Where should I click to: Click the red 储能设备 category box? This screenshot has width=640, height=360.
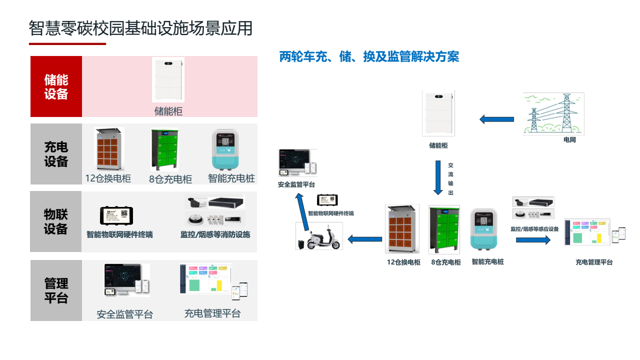click(x=56, y=86)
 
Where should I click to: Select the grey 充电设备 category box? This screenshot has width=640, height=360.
click(x=56, y=154)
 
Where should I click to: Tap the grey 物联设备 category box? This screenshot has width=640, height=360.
click(x=56, y=221)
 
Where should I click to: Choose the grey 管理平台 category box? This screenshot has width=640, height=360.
click(x=56, y=290)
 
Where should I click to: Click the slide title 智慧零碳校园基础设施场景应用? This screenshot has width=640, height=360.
click(x=140, y=28)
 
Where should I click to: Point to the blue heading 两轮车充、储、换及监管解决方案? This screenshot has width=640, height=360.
click(x=369, y=57)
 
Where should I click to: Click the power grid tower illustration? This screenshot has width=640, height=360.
click(x=553, y=113)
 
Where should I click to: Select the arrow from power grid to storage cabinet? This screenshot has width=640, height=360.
click(x=496, y=119)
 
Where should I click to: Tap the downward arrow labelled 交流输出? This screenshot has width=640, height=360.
click(x=438, y=177)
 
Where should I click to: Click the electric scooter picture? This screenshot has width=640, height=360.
click(x=319, y=236)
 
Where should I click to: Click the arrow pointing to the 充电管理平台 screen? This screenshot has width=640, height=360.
click(x=533, y=240)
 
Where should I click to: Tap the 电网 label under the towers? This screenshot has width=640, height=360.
click(x=569, y=140)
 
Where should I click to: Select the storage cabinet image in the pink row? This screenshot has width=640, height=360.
click(x=168, y=79)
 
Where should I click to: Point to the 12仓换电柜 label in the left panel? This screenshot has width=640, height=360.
click(x=108, y=178)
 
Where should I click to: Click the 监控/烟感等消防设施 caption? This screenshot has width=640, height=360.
click(x=215, y=234)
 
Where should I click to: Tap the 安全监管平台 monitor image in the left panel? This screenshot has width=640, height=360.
click(x=126, y=280)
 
